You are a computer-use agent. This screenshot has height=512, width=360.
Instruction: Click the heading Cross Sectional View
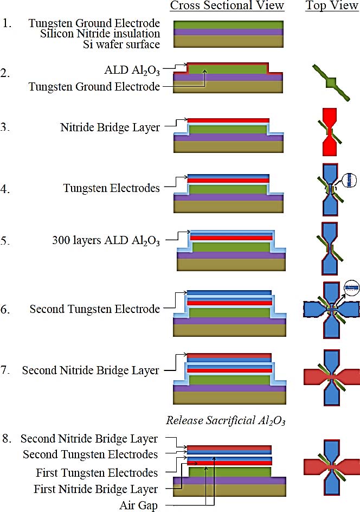(x=227, y=6)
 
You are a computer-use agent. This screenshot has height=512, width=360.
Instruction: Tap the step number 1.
(x=6, y=24)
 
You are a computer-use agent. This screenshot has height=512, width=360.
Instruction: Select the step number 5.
(x=6, y=240)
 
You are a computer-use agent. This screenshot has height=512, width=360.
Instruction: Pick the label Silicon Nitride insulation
(x=100, y=34)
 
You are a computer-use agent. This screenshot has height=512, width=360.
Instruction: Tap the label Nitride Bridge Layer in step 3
(x=111, y=129)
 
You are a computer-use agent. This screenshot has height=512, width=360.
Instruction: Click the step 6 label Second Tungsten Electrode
(x=95, y=309)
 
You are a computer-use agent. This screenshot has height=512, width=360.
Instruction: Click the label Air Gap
(x=138, y=504)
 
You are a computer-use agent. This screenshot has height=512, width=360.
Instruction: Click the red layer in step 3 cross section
(x=228, y=120)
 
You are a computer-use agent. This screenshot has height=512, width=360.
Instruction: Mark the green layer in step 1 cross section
(x=228, y=25)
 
